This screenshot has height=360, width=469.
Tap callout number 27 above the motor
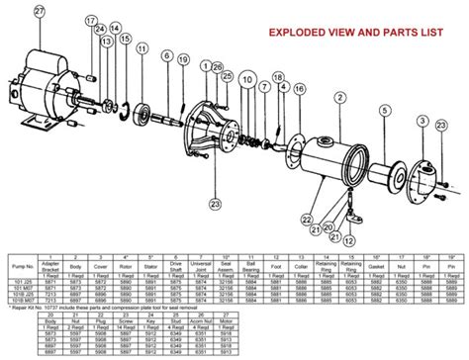pyautogui.click(x=39, y=12)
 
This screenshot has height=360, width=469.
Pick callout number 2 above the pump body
pyautogui.click(x=338, y=97)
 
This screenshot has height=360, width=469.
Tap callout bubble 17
pyautogui.click(x=90, y=21)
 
